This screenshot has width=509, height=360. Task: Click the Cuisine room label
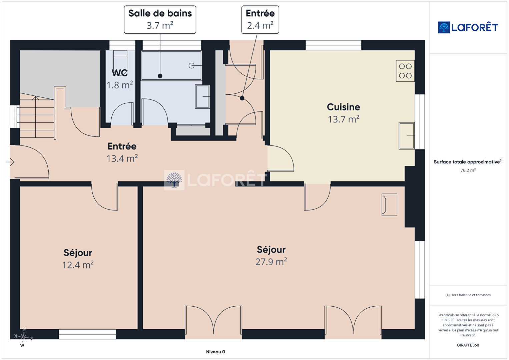pyautogui.click(x=343, y=107)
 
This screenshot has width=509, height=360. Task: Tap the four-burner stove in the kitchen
pyautogui.click(x=405, y=71)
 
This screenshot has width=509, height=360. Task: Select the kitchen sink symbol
pyautogui.click(x=407, y=136)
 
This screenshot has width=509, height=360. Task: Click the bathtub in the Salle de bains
pyautogui.click(x=171, y=65)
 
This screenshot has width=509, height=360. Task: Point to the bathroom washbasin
pyautogui.click(x=202, y=97)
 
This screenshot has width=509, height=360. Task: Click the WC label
pyautogui.click(x=119, y=73)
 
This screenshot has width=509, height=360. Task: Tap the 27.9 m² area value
pyautogui.click(x=271, y=262)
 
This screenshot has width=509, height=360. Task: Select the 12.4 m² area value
pyautogui.click(x=78, y=265)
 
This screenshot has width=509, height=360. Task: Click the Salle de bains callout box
pyautogui.click(x=160, y=20)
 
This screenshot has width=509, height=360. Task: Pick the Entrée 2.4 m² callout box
pyautogui.click(x=260, y=20)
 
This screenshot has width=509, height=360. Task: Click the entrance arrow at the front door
pyautogui.click(x=10, y=162)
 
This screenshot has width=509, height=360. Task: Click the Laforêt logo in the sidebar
pyautogui.click(x=468, y=27)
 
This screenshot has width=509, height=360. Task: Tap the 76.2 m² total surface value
pyautogui.click(x=468, y=170)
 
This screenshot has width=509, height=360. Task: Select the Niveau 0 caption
pyautogui.click(x=215, y=352)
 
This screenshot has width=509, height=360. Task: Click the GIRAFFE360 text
pyautogui.click(x=468, y=345)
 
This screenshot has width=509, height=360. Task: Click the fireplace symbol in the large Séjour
pyautogui.click(x=389, y=205)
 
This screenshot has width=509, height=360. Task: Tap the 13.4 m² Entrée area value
pyautogui.click(x=122, y=158)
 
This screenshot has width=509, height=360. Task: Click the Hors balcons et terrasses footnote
pyautogui.click(x=468, y=295)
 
